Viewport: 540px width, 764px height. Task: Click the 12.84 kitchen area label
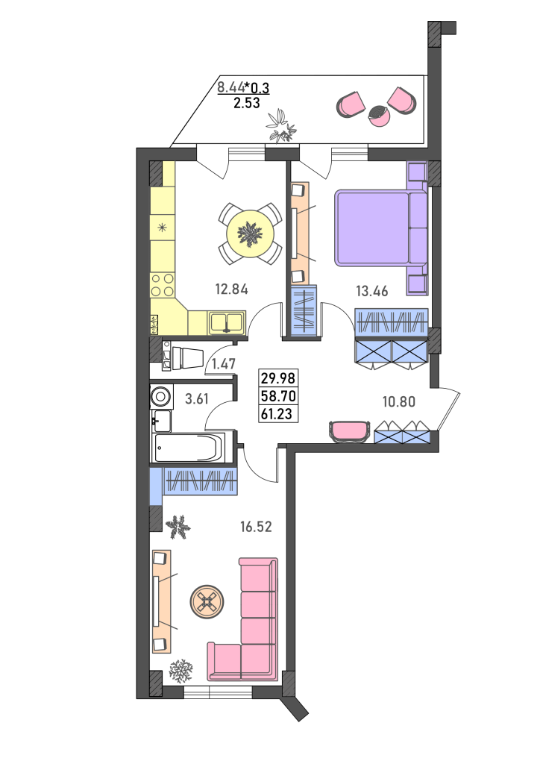232,289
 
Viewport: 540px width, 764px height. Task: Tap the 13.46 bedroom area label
372,292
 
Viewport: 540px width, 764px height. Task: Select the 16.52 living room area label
256,527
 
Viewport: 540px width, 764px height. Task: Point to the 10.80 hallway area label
399,402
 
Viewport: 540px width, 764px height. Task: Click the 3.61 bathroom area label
197,399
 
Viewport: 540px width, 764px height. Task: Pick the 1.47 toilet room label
224,364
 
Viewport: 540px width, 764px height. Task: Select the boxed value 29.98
278,378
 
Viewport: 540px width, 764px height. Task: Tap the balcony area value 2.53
246,103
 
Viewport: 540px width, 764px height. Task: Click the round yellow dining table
250,234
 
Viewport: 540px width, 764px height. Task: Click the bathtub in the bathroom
189,448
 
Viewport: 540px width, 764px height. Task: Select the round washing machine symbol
160,397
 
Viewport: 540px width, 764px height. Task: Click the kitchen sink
227,322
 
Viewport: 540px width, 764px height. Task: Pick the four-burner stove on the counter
163,285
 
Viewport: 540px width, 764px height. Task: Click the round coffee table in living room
208,602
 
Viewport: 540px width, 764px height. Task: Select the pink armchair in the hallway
349,431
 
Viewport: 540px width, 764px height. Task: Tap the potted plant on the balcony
281,126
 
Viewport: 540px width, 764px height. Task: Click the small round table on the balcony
378,116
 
